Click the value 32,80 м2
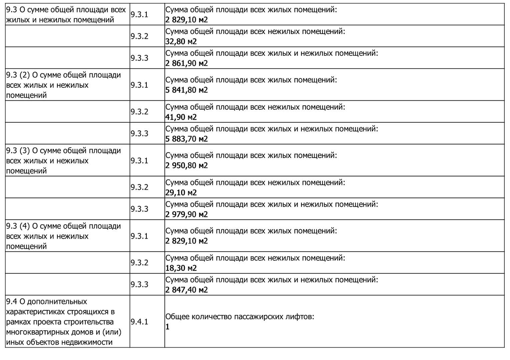coord(181,41)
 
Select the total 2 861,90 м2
coord(186,63)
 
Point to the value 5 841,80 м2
coord(186,90)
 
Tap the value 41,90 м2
coord(181,117)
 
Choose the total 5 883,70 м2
coord(186,139)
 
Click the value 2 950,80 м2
coord(186,165)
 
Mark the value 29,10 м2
coord(181,192)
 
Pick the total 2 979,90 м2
coord(186,214)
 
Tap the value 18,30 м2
coord(181,268)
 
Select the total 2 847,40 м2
coord(186,290)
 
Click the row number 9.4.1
coord(139,322)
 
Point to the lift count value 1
coord(167,327)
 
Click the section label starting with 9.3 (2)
coord(63,85)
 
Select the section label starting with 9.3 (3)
coord(63,161)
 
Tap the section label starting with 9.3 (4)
coord(63,236)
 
